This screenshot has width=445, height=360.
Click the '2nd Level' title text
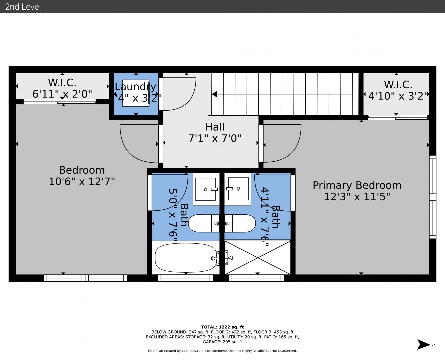click(23, 7)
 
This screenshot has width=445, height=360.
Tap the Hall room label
click(215, 127)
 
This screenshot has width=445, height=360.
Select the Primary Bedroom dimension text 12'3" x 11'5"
click(357, 197)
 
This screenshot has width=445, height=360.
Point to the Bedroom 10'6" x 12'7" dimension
click(82, 181)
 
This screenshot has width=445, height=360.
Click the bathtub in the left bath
click(186, 258)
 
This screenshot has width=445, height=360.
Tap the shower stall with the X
click(258, 257)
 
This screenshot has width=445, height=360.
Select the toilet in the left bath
click(204, 223)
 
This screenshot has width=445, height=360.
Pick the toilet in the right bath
click(240, 223)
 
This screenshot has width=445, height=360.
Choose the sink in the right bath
click(238, 189)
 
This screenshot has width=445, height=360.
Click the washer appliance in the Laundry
click(136, 93)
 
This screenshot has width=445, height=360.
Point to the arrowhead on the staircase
click(214, 94)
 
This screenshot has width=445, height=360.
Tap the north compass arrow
click(423, 345)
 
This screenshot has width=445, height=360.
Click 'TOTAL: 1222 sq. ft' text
click(222, 327)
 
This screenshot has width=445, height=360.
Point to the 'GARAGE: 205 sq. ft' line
click(222, 342)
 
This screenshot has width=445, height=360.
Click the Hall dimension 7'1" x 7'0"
click(215, 138)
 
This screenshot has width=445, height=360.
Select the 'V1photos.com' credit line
click(222, 351)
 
